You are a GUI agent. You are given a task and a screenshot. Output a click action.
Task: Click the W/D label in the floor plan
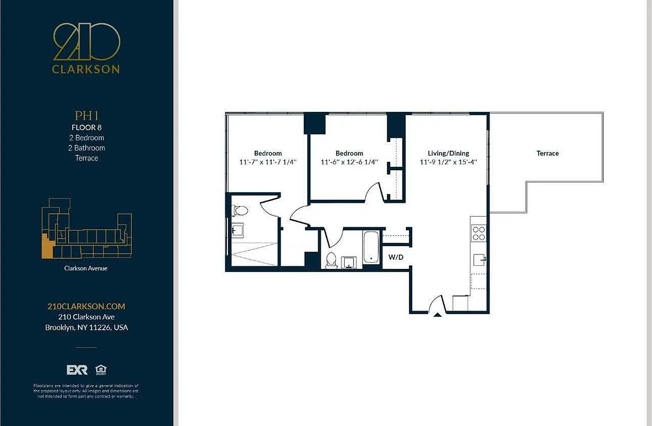[395, 257]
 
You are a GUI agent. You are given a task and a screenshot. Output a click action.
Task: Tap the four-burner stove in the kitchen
[479, 233]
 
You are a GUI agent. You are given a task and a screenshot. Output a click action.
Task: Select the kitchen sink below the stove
[479, 259]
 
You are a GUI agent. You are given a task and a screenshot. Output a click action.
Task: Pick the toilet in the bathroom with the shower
[240, 211]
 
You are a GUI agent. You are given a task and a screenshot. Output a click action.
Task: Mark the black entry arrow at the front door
[437, 315]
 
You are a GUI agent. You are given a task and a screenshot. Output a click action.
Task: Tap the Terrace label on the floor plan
[548, 153]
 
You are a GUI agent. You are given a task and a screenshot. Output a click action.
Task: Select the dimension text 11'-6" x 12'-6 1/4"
[349, 162]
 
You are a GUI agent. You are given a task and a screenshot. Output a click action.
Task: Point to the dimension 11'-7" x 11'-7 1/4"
[267, 162]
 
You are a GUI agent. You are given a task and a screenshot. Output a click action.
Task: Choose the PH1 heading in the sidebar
[86, 116]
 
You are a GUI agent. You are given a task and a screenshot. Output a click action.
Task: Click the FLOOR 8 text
[86, 127]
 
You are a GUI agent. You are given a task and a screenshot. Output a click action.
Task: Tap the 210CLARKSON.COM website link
[86, 306]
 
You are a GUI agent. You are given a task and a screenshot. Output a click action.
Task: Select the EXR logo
[77, 370]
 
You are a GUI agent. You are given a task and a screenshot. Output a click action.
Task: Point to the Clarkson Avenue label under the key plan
[86, 268]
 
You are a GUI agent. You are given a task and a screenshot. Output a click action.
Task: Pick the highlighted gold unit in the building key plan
[47, 247]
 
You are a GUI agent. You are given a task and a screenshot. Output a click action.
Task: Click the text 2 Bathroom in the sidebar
[86, 148]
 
